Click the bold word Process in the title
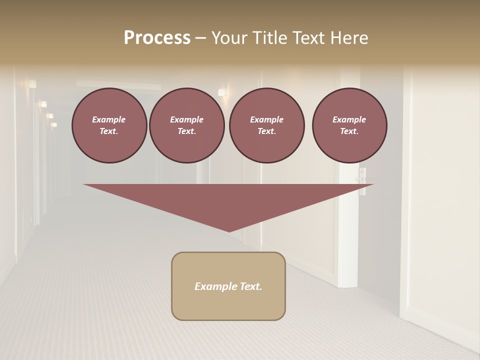coord(157,37)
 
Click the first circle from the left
coord(109,125)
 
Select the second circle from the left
coord(186,125)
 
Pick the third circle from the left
coord(266,125)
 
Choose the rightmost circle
coord(349,125)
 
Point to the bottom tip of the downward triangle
coord(229,231)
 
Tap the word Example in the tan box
coord(215,286)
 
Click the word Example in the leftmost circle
coord(109,119)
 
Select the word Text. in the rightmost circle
coord(349,131)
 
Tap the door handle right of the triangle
coord(362,176)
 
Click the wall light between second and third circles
coord(222,92)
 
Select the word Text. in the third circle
coord(266,131)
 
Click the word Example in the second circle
coord(186,119)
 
